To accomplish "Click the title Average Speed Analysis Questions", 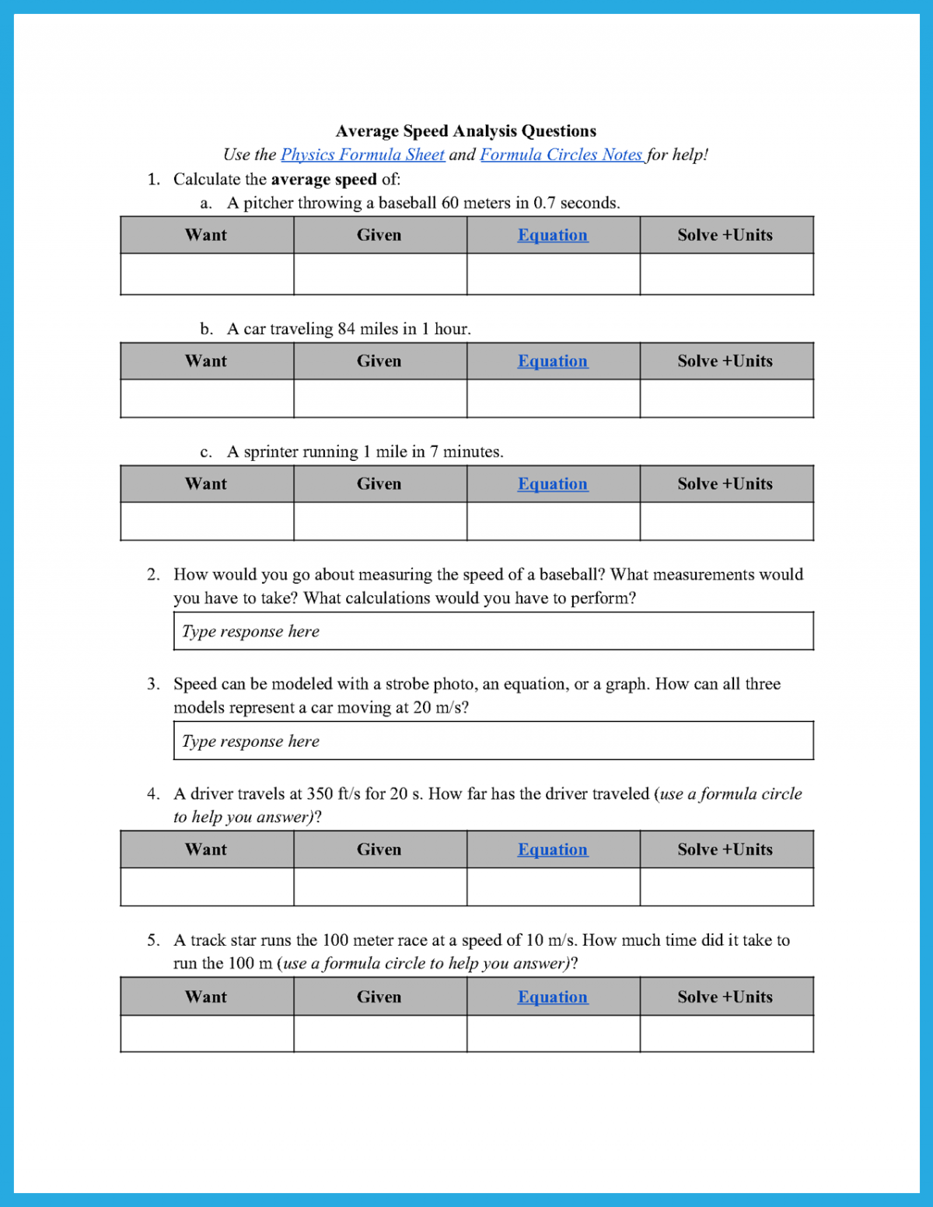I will [466, 131].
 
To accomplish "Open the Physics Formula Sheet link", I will [362, 155].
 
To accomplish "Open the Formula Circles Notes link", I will [561, 155].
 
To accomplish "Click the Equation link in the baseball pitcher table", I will [553, 235].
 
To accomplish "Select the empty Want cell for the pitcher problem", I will [207, 274].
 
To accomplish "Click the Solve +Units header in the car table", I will [725, 361].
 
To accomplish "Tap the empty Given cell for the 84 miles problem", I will [380, 399].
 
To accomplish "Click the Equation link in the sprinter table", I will [553, 484].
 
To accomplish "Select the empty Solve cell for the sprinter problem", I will [726, 522].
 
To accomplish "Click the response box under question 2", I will [493, 631].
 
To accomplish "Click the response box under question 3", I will [493, 741].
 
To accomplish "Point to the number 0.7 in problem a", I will [544, 203].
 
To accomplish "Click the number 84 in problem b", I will [346, 329].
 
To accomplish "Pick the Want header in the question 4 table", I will [207, 849].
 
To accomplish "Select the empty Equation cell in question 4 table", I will [553, 887].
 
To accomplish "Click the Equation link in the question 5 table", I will [553, 997].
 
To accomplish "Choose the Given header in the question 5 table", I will [379, 997].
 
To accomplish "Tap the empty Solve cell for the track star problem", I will [726, 1034].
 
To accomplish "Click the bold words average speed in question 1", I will [323, 180].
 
